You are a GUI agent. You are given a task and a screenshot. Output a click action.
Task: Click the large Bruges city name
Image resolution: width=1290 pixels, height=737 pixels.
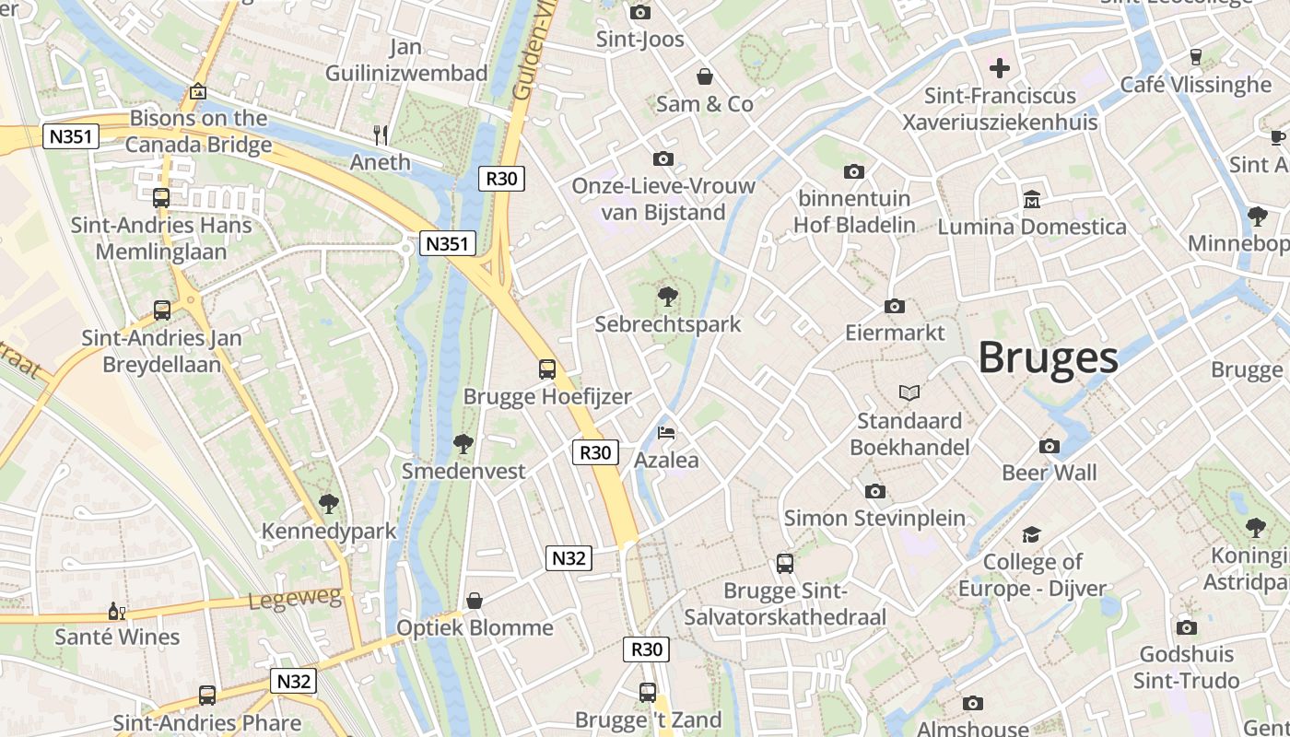point(1048,357)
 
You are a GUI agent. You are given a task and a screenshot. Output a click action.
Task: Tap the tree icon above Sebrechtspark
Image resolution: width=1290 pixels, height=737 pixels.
point(667,297)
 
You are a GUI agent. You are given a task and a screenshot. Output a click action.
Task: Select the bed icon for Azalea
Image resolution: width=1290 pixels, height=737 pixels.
point(666,432)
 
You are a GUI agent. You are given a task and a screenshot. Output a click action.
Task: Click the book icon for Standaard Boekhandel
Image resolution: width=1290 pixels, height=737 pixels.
point(909,393)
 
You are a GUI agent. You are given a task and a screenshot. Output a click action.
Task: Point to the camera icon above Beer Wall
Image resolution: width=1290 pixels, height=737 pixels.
point(1050,446)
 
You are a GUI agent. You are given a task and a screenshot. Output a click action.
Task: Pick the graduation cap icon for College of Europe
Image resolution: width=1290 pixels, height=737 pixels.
point(1031,534)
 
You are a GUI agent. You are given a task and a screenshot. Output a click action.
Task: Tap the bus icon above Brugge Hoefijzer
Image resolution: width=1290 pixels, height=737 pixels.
point(547,369)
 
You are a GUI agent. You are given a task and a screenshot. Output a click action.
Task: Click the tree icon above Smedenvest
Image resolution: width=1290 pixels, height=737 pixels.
point(463,444)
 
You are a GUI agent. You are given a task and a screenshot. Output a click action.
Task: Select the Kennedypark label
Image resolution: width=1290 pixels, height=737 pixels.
point(329,532)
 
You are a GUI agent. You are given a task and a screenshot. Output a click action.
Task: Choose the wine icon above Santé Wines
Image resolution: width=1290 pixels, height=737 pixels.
point(117,611)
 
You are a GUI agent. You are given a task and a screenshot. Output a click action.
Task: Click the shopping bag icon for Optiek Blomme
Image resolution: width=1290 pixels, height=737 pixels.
point(475,601)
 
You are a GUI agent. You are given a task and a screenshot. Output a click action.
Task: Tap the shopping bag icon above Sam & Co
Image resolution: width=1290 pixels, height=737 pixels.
point(705,76)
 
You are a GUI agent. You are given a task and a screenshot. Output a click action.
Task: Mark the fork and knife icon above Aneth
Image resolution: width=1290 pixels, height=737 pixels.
point(381,135)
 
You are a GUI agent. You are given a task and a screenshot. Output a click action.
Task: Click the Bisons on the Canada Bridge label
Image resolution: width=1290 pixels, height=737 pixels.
point(198,131)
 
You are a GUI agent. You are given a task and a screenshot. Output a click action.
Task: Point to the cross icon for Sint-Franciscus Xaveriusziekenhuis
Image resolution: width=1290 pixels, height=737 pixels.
point(1000,68)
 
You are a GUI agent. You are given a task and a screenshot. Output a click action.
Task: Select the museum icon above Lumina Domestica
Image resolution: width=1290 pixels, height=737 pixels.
point(1032,199)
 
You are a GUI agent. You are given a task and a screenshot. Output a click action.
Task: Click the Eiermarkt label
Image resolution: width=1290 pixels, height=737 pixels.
point(895,333)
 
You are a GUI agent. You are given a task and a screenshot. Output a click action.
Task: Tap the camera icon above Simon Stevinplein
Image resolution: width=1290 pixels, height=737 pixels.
point(874,491)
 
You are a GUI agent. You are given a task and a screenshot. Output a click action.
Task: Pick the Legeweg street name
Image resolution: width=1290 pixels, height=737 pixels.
point(295,600)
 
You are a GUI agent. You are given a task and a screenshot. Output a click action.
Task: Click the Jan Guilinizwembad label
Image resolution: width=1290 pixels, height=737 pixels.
point(406,60)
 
